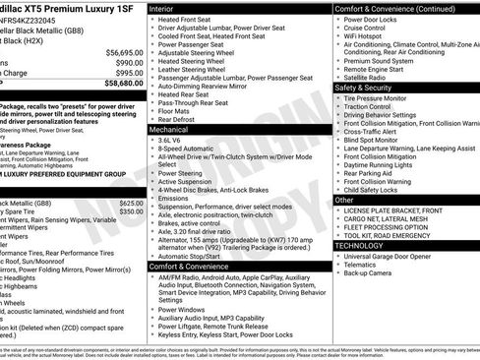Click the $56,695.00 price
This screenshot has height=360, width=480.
point(124,51)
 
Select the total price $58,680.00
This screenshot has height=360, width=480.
point(124,85)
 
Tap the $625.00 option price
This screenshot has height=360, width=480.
point(132,202)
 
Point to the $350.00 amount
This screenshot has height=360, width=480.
point(132,211)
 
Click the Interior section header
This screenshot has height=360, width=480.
point(162,8)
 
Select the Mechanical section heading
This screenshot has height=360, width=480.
point(169,129)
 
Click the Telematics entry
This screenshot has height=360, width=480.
point(362,265)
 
